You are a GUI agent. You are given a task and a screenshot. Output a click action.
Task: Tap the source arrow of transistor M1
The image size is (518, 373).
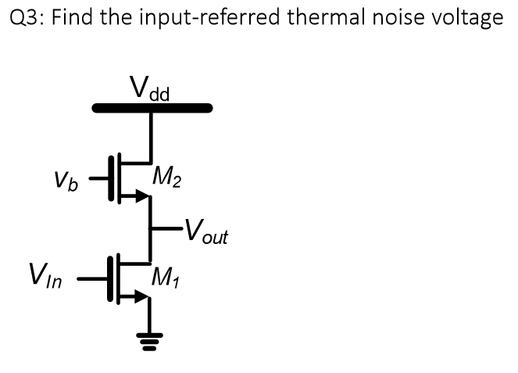141,296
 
